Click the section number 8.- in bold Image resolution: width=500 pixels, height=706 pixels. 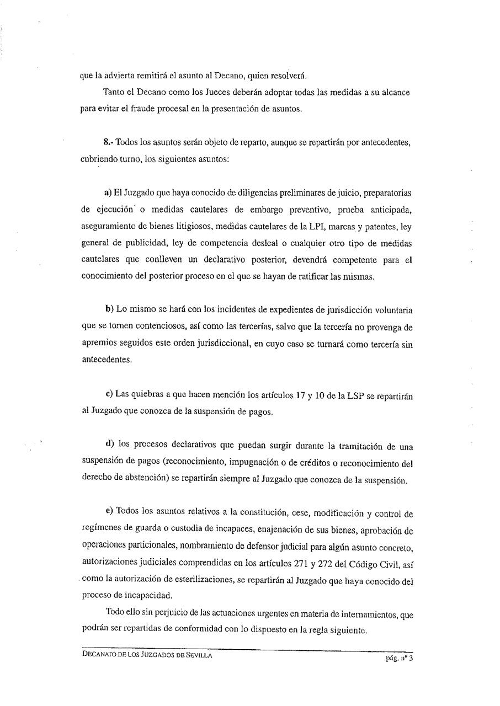(x=109, y=142)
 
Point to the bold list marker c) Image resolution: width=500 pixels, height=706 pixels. (x=109, y=393)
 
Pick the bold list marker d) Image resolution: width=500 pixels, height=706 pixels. (x=109, y=445)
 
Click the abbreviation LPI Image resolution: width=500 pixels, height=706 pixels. (x=333, y=227)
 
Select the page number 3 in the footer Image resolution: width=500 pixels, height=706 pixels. (x=411, y=657)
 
